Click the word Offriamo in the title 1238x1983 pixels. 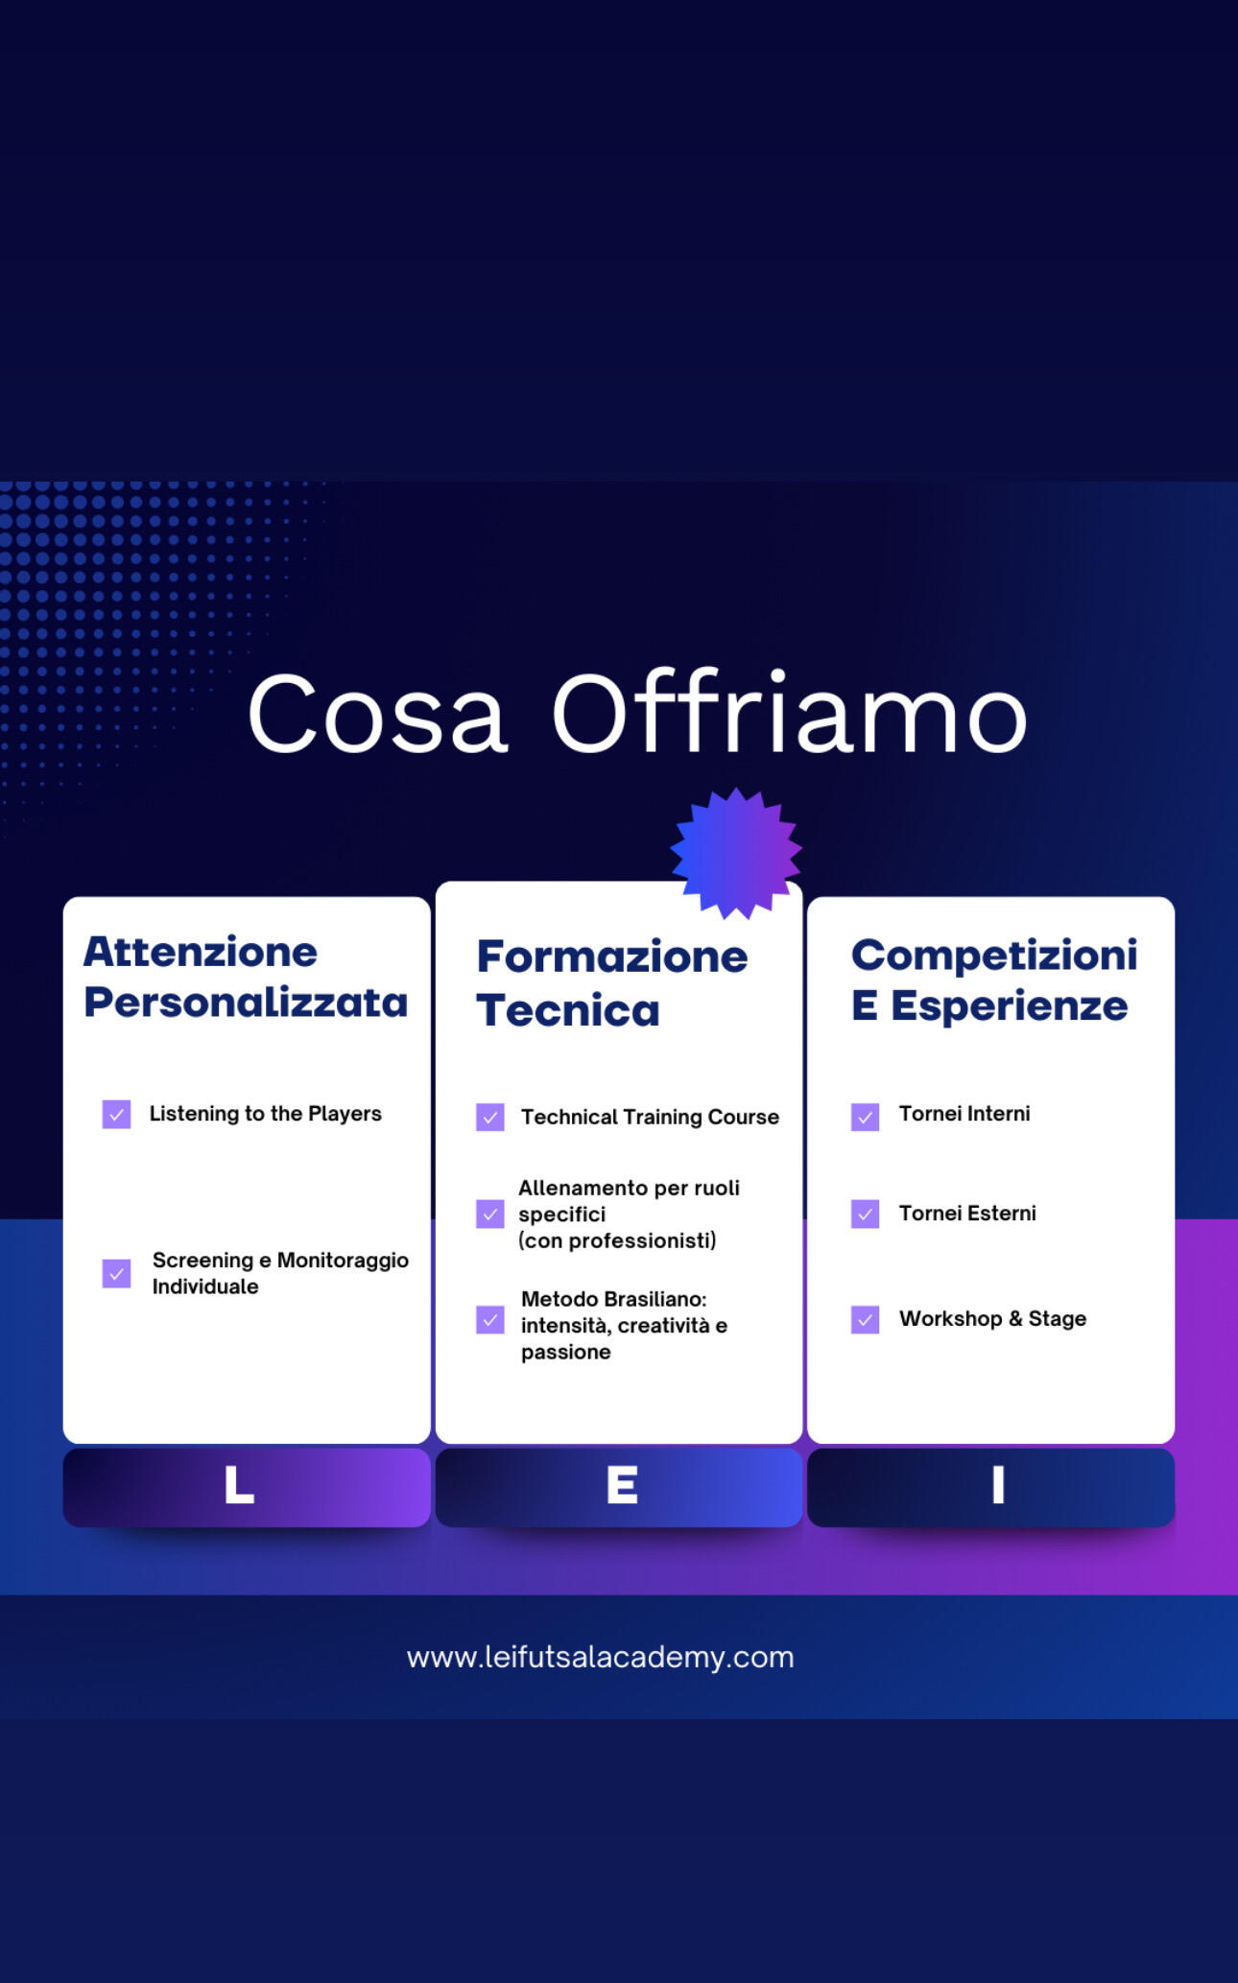(789, 711)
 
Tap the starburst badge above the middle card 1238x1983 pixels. (736, 853)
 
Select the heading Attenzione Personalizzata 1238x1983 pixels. (246, 977)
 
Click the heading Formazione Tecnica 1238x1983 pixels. (612, 982)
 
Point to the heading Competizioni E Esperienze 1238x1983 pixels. (994, 980)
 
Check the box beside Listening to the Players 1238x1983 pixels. (116, 1114)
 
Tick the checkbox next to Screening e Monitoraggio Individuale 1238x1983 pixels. (116, 1273)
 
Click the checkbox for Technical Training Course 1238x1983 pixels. (489, 1117)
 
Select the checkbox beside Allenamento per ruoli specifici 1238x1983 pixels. (489, 1214)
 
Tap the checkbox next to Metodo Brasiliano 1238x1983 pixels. (489, 1319)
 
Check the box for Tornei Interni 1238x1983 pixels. (865, 1117)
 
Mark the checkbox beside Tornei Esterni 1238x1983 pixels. (865, 1214)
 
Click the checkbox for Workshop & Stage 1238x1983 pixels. (865, 1319)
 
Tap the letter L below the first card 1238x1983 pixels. (239, 1485)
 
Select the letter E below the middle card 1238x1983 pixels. (622, 1485)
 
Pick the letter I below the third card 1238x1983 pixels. (998, 1485)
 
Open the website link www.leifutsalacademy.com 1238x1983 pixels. (600, 1657)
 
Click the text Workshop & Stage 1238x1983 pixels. (992, 1318)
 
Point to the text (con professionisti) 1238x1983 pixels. (617, 1240)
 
